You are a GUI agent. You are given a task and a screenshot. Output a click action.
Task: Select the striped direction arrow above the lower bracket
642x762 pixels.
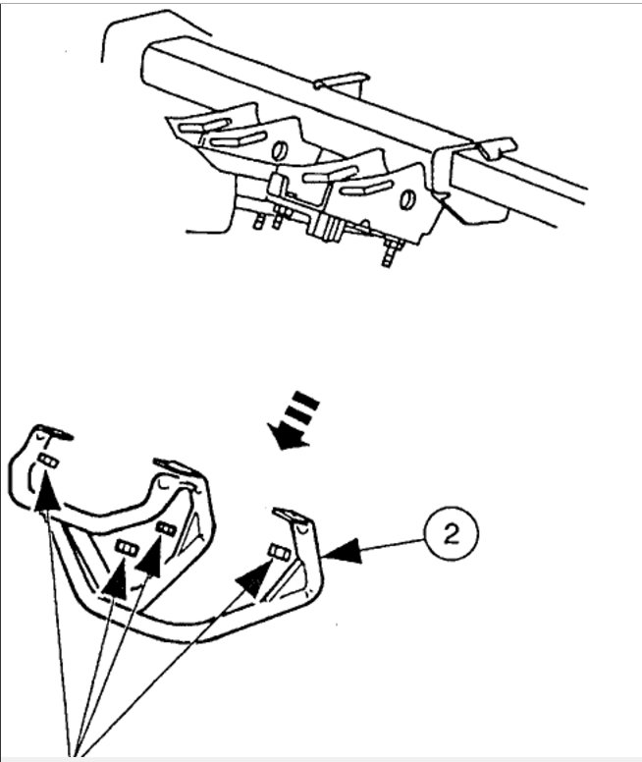(294, 419)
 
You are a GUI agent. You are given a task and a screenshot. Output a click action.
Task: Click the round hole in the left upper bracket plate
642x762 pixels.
(279, 151)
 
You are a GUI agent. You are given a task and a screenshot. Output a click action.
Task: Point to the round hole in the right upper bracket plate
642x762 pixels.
(407, 198)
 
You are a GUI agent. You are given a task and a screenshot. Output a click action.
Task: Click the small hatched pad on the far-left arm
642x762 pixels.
(46, 462)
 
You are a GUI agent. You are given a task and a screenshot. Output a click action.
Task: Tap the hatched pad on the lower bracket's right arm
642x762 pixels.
(279, 553)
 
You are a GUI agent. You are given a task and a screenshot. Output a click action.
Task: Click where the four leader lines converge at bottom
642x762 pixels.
(75, 751)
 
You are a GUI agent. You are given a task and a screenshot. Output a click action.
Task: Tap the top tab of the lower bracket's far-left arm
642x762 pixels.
(52, 431)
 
